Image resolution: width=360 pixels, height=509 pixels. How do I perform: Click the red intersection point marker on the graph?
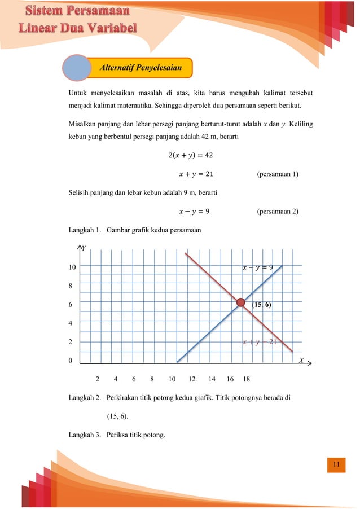[241, 304]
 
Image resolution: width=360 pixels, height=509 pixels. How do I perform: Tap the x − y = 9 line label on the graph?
[257, 267]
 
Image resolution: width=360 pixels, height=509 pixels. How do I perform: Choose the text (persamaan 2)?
[277, 212]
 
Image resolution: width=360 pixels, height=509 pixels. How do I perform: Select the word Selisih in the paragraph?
[80, 193]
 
